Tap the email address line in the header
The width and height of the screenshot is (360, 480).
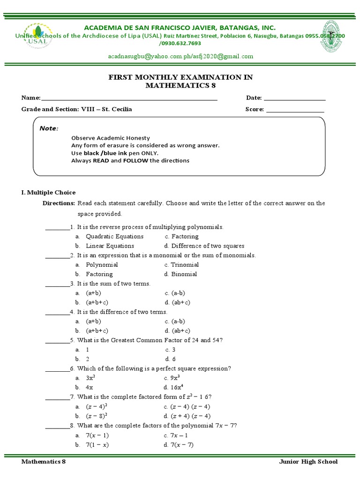tap(180, 56)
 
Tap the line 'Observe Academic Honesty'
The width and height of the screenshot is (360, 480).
tap(111, 138)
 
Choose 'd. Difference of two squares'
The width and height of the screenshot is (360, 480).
tap(204, 246)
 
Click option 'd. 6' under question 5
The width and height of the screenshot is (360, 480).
tap(170, 359)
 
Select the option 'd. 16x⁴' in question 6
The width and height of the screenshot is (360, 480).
tap(173, 387)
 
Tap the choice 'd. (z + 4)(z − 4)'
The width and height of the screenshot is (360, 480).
tap(187, 416)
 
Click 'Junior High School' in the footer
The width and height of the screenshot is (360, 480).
tap(308, 462)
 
